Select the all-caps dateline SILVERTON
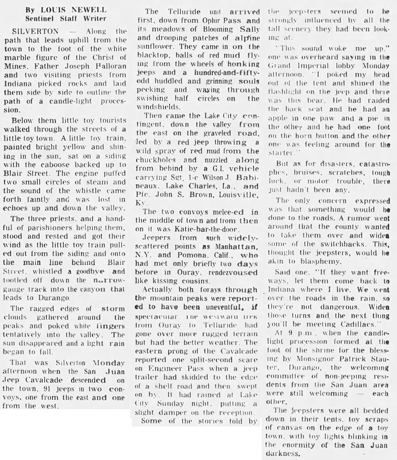(29, 31)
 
